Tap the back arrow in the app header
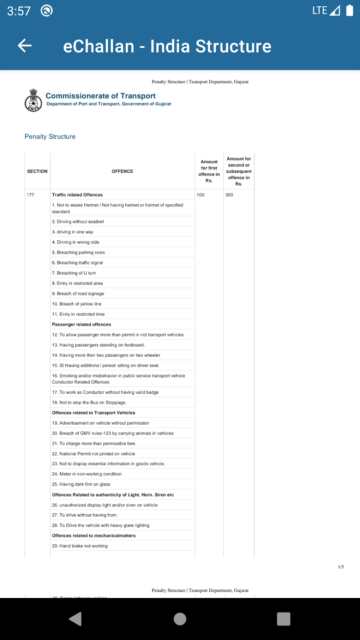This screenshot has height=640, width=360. click(x=25, y=46)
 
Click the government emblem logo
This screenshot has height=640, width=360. click(x=33, y=101)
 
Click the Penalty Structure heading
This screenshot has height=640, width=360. click(x=50, y=137)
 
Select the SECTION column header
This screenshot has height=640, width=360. click(x=37, y=171)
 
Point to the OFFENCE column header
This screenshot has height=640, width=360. click(x=122, y=171)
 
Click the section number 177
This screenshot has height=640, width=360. click(x=31, y=195)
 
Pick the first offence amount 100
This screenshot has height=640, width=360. click(x=200, y=195)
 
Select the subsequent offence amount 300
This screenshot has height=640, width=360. click(x=229, y=195)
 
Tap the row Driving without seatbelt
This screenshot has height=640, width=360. click(x=80, y=222)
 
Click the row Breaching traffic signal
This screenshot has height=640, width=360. click(x=80, y=263)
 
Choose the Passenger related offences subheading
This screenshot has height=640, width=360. click(x=82, y=324)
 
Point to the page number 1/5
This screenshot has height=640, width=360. click(x=341, y=567)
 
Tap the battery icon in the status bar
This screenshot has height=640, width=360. click(x=349, y=11)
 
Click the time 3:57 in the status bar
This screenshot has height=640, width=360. click(x=19, y=11)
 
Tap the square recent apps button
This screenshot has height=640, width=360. click(x=283, y=619)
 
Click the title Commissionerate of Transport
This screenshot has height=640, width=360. click(x=101, y=96)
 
